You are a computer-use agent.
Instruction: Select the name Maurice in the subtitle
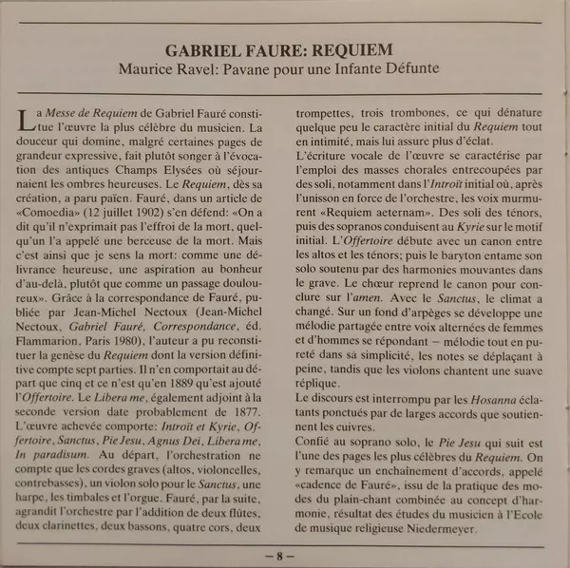coord(152,70)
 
